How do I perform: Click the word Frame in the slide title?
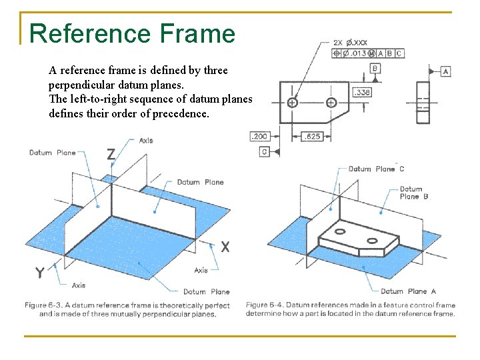pos(197,33)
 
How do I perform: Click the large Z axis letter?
pos(111,155)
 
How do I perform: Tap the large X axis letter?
pos(226,247)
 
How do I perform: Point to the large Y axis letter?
pos(40,272)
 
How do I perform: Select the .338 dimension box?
pos(361,92)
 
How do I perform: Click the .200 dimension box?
pos(259,137)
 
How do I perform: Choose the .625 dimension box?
pos(311,137)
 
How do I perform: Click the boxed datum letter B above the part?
pos(375,68)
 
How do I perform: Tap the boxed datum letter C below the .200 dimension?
pos(265,152)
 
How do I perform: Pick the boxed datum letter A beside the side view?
pos(445,71)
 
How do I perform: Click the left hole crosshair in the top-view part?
pos(292,102)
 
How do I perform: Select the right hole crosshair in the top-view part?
pos(331,102)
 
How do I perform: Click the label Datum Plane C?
pos(376,169)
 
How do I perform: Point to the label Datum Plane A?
pos(408,291)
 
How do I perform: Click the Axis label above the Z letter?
pos(146,141)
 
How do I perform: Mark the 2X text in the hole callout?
pos(337,43)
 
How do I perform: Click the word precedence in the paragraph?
pos(178,113)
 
